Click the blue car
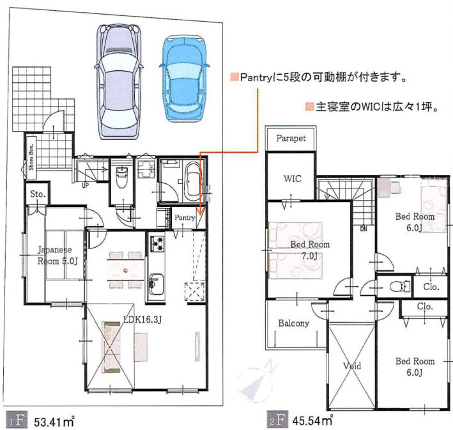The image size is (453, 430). pos(185,79)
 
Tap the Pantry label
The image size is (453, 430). pos(185,217)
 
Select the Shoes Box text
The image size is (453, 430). pos(31,157)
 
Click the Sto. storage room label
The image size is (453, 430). pos(38,194)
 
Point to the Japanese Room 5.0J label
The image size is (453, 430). pos(58,256)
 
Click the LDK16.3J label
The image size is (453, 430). pos(142,319)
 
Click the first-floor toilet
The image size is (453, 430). pos(122,177)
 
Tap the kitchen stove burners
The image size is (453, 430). pos(157,243)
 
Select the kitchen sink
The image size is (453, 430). pos(157,284)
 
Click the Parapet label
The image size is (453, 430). pos(291,139)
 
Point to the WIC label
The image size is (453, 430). pos(293,179)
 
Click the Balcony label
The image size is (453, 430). pos(293,323)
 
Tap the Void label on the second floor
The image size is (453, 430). pos(352,366)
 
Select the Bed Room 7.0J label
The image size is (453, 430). pos(310,250)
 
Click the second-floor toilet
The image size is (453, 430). pos(399,286)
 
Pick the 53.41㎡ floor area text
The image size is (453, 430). pos(54,422)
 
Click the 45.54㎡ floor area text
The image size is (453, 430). pos(312,420)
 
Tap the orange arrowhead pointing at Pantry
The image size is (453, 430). pos(201,210)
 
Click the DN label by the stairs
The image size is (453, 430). pos(364,229)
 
